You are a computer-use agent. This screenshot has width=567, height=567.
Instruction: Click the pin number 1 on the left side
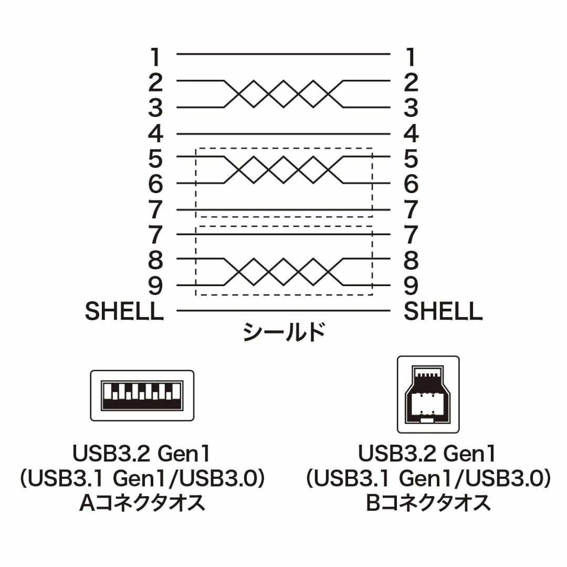click(x=155, y=57)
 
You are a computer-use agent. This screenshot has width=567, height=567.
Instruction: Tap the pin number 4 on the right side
click(x=411, y=134)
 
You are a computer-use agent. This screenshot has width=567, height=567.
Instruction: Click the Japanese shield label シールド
click(x=283, y=332)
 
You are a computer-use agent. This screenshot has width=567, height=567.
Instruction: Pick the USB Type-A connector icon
click(x=142, y=395)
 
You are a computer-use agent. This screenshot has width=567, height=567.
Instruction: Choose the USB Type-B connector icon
click(x=428, y=394)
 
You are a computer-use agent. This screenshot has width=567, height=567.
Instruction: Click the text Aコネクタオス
click(x=142, y=502)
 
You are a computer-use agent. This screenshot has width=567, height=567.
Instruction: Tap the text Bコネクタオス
click(x=428, y=502)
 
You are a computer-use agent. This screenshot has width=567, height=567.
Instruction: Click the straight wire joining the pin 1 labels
click(x=283, y=54)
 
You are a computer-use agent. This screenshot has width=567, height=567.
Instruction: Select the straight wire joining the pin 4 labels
click(x=283, y=134)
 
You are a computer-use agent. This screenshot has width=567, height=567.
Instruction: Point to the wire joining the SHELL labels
click(x=283, y=310)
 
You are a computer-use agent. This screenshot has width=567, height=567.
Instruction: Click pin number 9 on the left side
click(x=155, y=286)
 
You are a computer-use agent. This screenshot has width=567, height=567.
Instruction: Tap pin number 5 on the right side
click(x=411, y=159)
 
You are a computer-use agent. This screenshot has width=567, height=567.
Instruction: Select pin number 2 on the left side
click(x=155, y=82)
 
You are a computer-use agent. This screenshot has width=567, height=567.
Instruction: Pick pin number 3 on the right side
click(x=411, y=108)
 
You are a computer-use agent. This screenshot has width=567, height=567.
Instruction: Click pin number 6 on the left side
click(x=155, y=184)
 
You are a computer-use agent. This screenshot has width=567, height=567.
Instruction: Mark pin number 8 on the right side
click(x=411, y=260)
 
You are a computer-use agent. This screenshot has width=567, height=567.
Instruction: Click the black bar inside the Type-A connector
click(x=142, y=404)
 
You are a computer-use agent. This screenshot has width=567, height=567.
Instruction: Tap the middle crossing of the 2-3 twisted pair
click(x=283, y=93)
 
